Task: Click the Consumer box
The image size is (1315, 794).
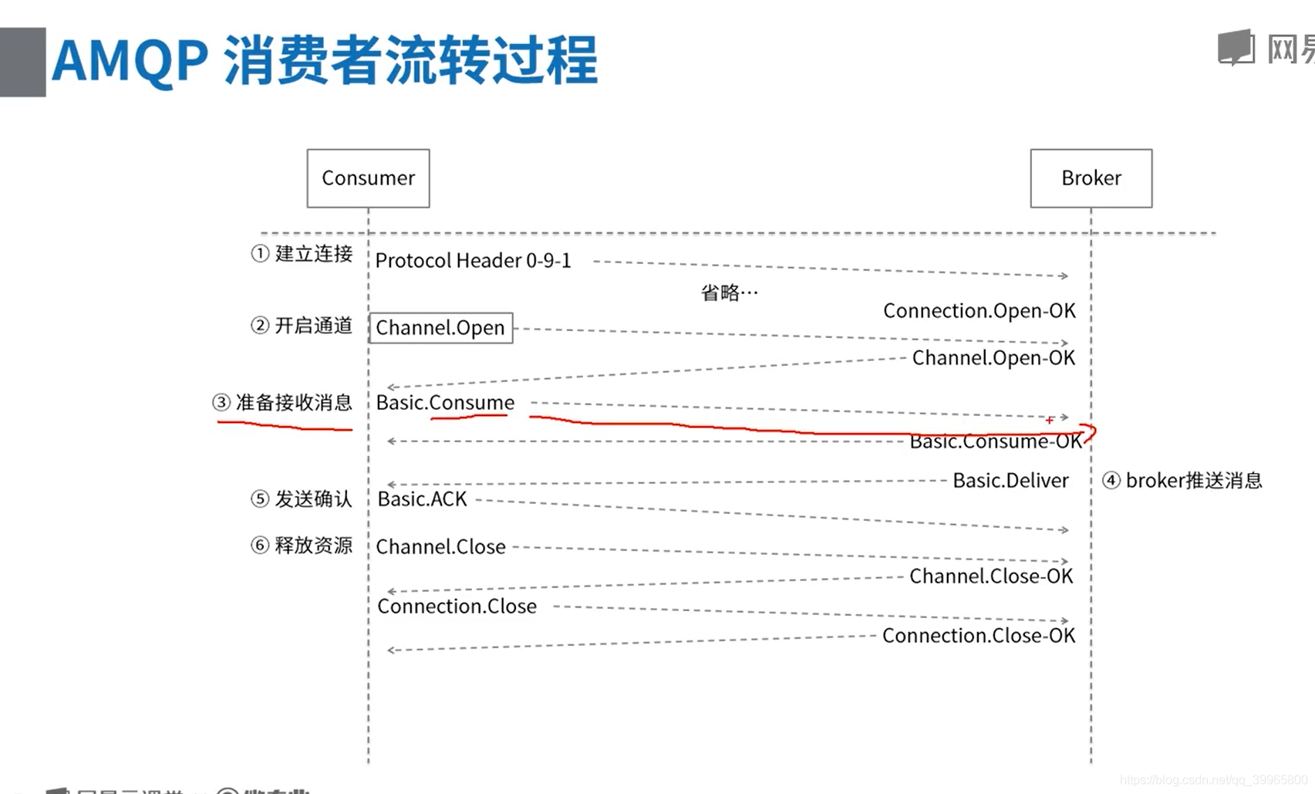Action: point(368,178)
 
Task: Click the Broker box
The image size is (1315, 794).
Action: point(1091,178)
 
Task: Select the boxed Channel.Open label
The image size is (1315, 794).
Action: point(440,328)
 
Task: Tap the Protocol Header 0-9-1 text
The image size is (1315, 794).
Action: point(473,261)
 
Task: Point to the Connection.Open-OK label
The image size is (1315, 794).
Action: point(979,311)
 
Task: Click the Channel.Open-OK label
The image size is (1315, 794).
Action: point(993,358)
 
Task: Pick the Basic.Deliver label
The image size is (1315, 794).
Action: point(1010,481)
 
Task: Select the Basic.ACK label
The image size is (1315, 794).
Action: point(422,499)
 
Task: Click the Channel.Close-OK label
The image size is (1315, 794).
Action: point(991,576)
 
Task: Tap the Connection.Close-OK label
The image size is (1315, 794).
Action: point(978,636)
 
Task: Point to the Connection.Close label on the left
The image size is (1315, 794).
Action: point(457,606)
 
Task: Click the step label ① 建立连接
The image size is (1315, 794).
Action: point(302,254)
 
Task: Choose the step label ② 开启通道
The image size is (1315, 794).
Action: point(302,326)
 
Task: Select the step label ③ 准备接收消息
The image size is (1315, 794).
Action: point(282,402)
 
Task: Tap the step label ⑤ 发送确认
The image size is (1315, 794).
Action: point(302,499)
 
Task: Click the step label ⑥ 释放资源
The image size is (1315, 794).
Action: point(302,546)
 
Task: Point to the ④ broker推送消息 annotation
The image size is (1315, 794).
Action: point(1182,481)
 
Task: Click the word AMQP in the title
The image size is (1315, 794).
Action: point(130,61)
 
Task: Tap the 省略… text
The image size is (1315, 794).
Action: point(729,292)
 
